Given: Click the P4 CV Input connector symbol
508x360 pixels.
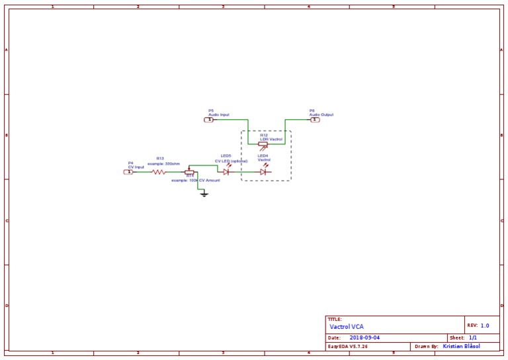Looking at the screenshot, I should point(129,171).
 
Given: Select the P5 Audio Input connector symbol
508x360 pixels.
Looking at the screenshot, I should point(209,120).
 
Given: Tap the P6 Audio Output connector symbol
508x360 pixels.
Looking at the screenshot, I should point(314,120).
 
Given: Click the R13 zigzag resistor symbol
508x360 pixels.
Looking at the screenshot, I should point(159,171).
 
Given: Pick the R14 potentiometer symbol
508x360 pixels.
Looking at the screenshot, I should point(189,171).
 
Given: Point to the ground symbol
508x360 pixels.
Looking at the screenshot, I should point(204,194).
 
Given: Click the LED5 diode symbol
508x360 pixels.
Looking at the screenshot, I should point(226,171).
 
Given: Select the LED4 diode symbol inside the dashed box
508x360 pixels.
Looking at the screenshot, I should point(263,171).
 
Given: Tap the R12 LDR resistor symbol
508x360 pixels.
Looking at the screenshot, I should point(263,144).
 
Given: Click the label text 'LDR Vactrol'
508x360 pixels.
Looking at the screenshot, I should point(271,139).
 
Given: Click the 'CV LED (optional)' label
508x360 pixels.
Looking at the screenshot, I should point(231,161).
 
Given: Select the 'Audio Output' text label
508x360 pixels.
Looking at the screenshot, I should point(321,114).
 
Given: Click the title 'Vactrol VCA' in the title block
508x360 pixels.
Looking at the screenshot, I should point(347,326).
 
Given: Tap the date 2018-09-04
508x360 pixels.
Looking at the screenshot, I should point(364,337).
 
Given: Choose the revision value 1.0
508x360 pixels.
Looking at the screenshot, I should point(485,326).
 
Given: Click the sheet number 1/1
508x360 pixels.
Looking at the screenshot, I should point(473,337).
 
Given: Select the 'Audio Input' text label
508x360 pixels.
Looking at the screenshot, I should point(219,114).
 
